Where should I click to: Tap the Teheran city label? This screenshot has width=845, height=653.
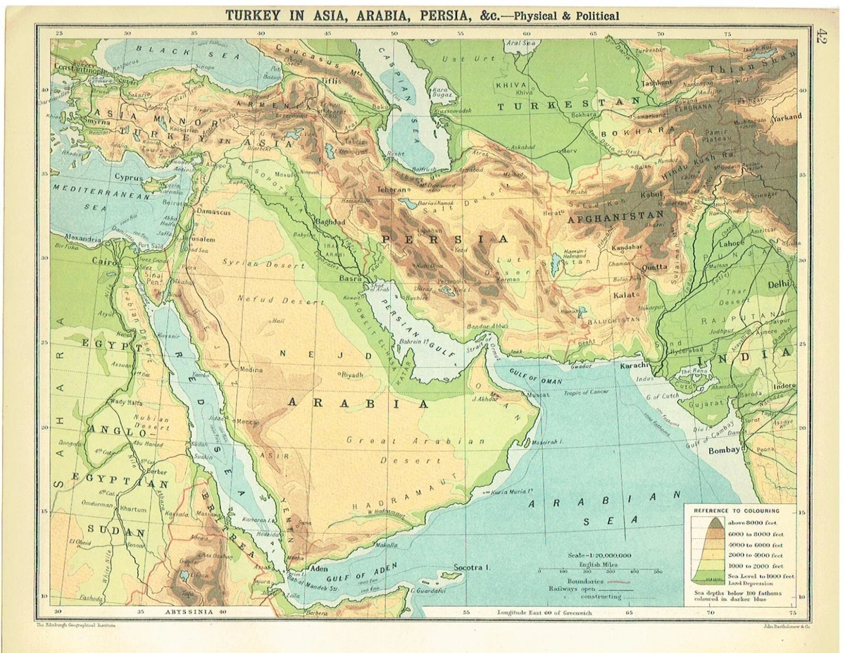(392, 189)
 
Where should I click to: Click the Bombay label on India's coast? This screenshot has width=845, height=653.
(724, 450)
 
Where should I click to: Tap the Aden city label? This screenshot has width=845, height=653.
(319, 569)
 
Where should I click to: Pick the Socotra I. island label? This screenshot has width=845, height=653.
(471, 567)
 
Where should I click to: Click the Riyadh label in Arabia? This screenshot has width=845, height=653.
(351, 375)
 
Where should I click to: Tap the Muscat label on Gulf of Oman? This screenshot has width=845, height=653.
(538, 395)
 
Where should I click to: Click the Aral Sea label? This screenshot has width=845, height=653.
(521, 43)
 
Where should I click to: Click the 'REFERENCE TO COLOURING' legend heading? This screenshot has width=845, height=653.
(736, 510)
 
